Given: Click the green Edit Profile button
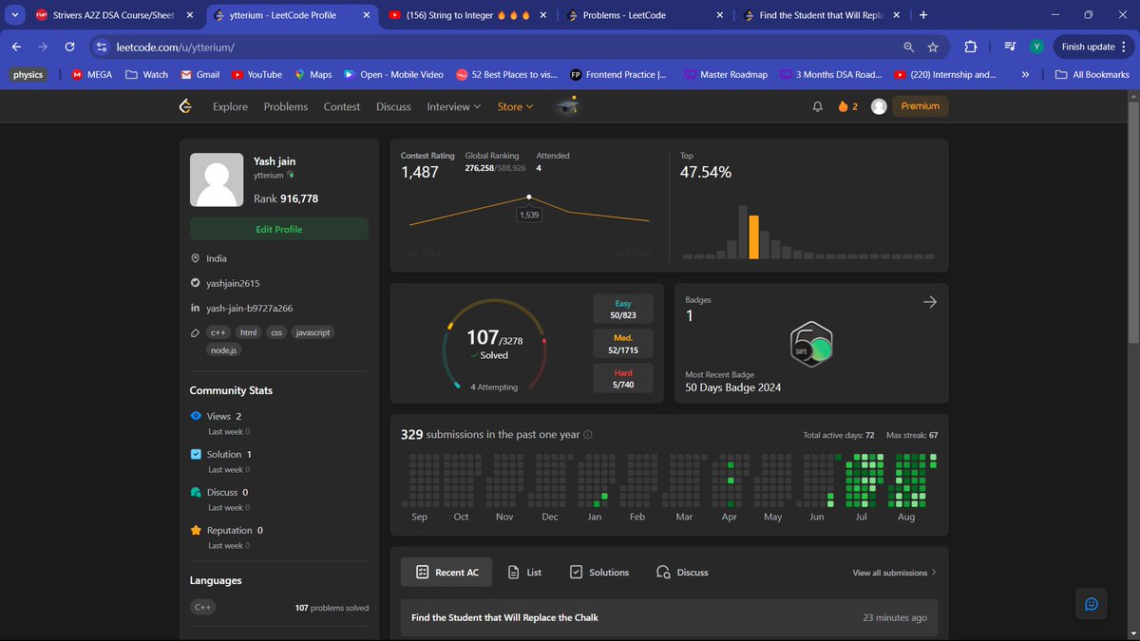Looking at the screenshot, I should (279, 229).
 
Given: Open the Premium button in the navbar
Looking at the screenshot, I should (920, 106).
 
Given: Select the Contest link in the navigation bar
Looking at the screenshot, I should (341, 106).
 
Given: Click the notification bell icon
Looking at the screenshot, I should (818, 107).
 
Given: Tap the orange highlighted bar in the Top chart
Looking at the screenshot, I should (754, 237).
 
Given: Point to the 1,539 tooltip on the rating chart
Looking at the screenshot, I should (529, 215).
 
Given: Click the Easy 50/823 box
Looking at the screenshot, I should (623, 309).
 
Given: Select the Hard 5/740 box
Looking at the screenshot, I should (623, 378).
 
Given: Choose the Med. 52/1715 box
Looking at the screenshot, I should (623, 344).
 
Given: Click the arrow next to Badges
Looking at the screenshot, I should (930, 301).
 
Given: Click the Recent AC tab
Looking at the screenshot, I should (446, 573).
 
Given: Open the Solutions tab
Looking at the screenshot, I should (599, 573).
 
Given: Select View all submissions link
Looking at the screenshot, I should (894, 573).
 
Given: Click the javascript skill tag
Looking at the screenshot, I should (313, 332).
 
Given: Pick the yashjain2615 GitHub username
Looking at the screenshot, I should (233, 283).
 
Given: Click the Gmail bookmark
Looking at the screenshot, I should (200, 74).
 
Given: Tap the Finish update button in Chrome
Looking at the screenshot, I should (1088, 47).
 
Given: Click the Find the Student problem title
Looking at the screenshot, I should (504, 617).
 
